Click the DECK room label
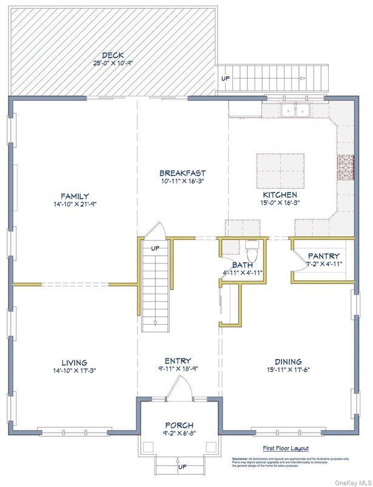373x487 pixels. (x=113, y=55)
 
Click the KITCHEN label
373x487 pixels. (x=280, y=195)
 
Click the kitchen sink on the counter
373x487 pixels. (x=295, y=110)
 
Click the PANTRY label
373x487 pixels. (x=323, y=256)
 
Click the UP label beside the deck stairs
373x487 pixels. (x=226, y=79)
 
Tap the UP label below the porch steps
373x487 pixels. (x=182, y=468)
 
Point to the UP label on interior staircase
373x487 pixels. (x=155, y=248)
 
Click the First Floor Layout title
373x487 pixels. (x=285, y=448)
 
